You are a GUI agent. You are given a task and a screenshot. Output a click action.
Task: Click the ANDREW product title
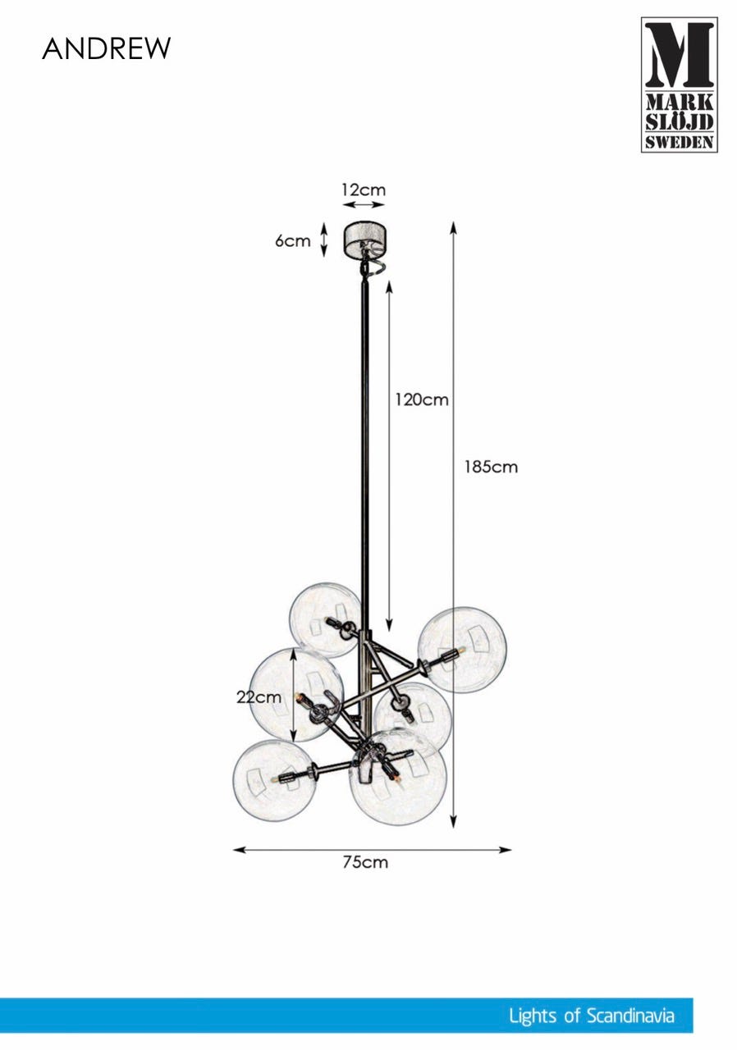(x=107, y=48)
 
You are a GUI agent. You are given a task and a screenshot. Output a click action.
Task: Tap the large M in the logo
(x=680, y=54)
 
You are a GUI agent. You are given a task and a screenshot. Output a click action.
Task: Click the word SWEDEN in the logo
(x=680, y=143)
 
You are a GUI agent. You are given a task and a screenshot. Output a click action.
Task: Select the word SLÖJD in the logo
(x=680, y=122)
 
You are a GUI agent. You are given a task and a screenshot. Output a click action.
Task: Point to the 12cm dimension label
(x=364, y=189)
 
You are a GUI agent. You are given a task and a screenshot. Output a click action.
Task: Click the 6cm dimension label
(x=292, y=241)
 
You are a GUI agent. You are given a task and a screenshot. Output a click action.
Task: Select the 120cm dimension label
(x=422, y=399)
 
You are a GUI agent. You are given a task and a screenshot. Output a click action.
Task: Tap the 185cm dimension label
(x=491, y=467)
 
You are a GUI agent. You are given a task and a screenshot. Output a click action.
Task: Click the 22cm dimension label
(x=259, y=697)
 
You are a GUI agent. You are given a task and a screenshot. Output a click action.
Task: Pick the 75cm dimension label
(x=365, y=862)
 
